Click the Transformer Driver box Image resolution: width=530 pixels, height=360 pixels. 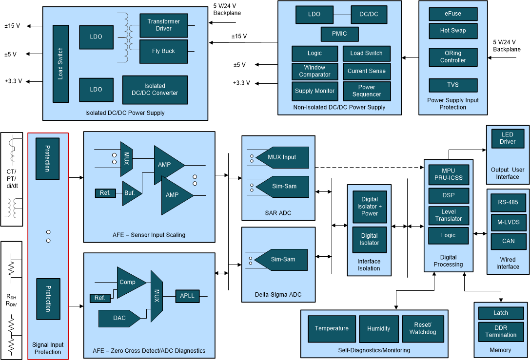[163, 25]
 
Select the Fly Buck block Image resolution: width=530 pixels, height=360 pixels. [163, 51]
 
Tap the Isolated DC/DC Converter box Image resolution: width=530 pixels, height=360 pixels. [155, 90]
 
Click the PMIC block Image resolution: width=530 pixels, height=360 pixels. [340, 34]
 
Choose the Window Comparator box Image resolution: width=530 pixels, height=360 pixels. [314, 71]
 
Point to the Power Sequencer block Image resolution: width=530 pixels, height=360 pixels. [367, 91]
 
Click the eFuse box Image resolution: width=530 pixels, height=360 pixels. [452, 14]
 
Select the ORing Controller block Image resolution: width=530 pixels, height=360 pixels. [453, 57]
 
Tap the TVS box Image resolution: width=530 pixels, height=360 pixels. [452, 85]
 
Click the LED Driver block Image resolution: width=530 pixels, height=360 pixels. [508, 138]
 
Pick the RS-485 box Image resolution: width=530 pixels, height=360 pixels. [508, 202]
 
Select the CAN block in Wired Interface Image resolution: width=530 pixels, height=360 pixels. [508, 241]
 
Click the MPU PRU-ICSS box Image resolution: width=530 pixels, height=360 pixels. [448, 174]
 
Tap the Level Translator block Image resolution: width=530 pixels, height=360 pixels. [448, 215]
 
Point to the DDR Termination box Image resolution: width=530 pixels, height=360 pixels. [501, 331]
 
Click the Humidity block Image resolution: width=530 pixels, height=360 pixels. [379, 329]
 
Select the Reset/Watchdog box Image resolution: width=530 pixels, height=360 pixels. [423, 329]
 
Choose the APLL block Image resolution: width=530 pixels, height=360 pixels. [187, 296]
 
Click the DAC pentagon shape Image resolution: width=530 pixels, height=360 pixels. [119, 318]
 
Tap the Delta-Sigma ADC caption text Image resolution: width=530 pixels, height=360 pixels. [278, 295]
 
